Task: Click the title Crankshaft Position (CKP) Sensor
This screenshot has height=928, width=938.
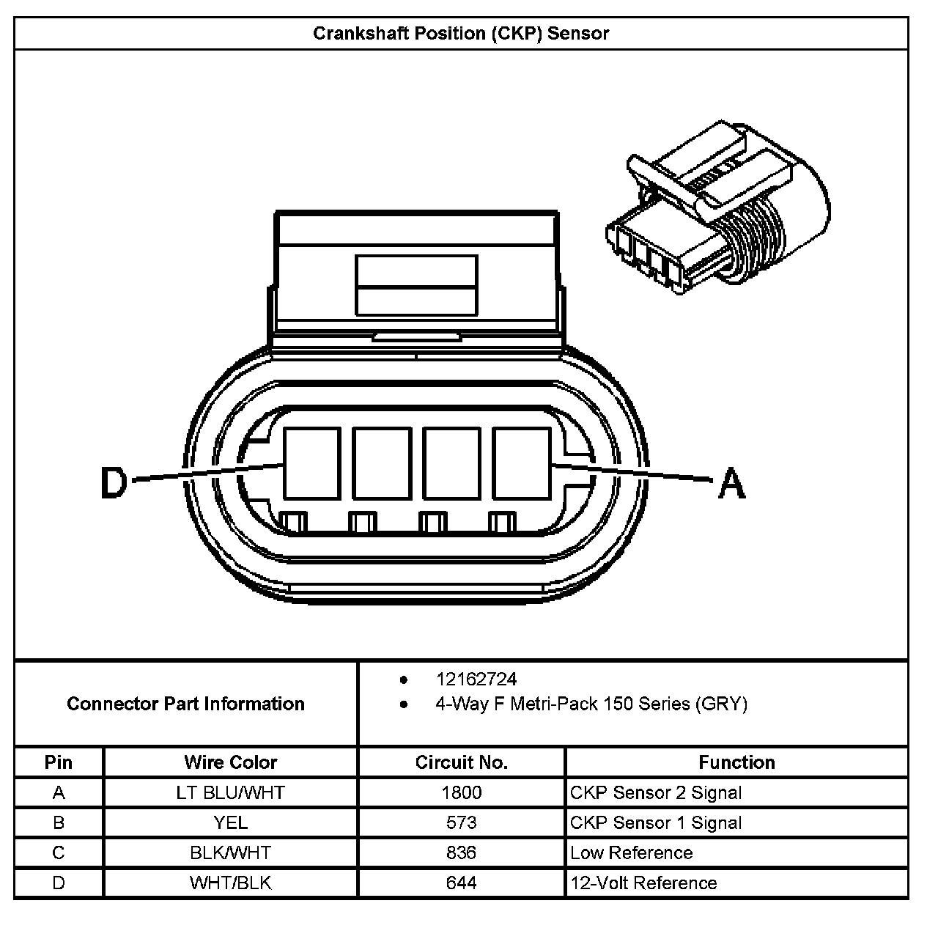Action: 461,34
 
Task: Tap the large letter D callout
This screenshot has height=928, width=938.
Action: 114,484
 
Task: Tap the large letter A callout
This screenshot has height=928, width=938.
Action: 731,484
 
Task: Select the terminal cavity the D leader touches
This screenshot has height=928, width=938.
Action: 311,463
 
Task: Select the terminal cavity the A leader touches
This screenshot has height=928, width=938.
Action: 521,463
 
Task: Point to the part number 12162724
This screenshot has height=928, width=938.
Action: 476,680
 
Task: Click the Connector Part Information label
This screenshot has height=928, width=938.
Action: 185,704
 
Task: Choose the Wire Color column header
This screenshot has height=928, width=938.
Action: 231,762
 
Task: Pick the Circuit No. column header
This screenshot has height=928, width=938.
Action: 462,762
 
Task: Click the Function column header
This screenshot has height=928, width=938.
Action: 736,762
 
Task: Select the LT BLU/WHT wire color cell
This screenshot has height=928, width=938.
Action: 231,792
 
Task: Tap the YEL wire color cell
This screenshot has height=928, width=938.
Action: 231,822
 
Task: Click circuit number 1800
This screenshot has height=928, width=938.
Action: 462,792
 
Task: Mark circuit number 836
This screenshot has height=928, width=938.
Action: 462,852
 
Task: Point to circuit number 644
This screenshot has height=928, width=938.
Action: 462,883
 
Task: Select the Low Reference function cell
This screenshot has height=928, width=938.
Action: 631,852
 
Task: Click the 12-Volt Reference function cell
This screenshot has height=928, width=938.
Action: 643,883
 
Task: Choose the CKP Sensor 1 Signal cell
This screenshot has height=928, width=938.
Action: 656,822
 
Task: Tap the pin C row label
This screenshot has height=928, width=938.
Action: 59,852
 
